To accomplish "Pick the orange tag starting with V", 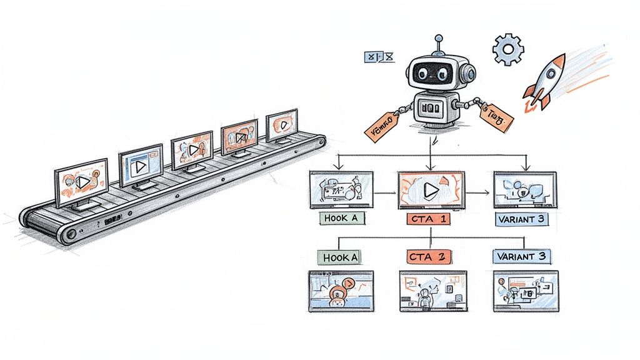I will (382, 124).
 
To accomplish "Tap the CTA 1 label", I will (431, 219).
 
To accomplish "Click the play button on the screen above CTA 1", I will (430, 190).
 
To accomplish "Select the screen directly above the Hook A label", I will (341, 189).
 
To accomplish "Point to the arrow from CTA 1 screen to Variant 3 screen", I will (477, 191).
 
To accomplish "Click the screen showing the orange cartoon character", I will (341, 291).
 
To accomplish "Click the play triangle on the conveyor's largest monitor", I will (84, 182).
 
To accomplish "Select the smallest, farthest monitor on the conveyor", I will (282, 124).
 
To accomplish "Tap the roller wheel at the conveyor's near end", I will (69, 232).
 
